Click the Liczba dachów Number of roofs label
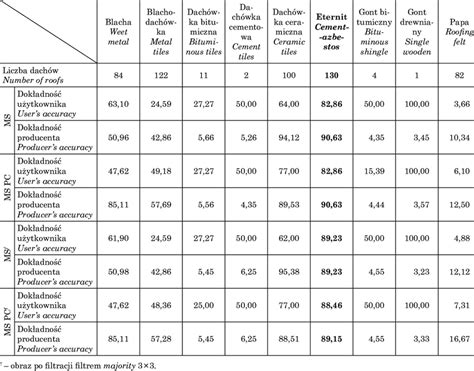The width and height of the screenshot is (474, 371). [46, 76]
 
